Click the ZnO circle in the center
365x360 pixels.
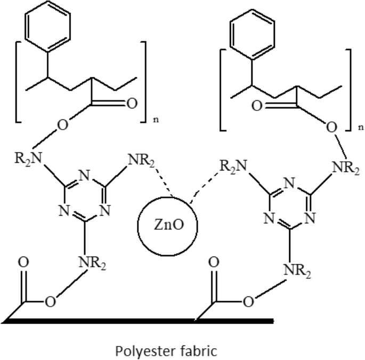click(167, 226)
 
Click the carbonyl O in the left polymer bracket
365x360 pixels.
click(131, 103)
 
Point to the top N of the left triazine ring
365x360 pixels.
click(86, 174)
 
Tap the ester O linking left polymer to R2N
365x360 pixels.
click(63, 126)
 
